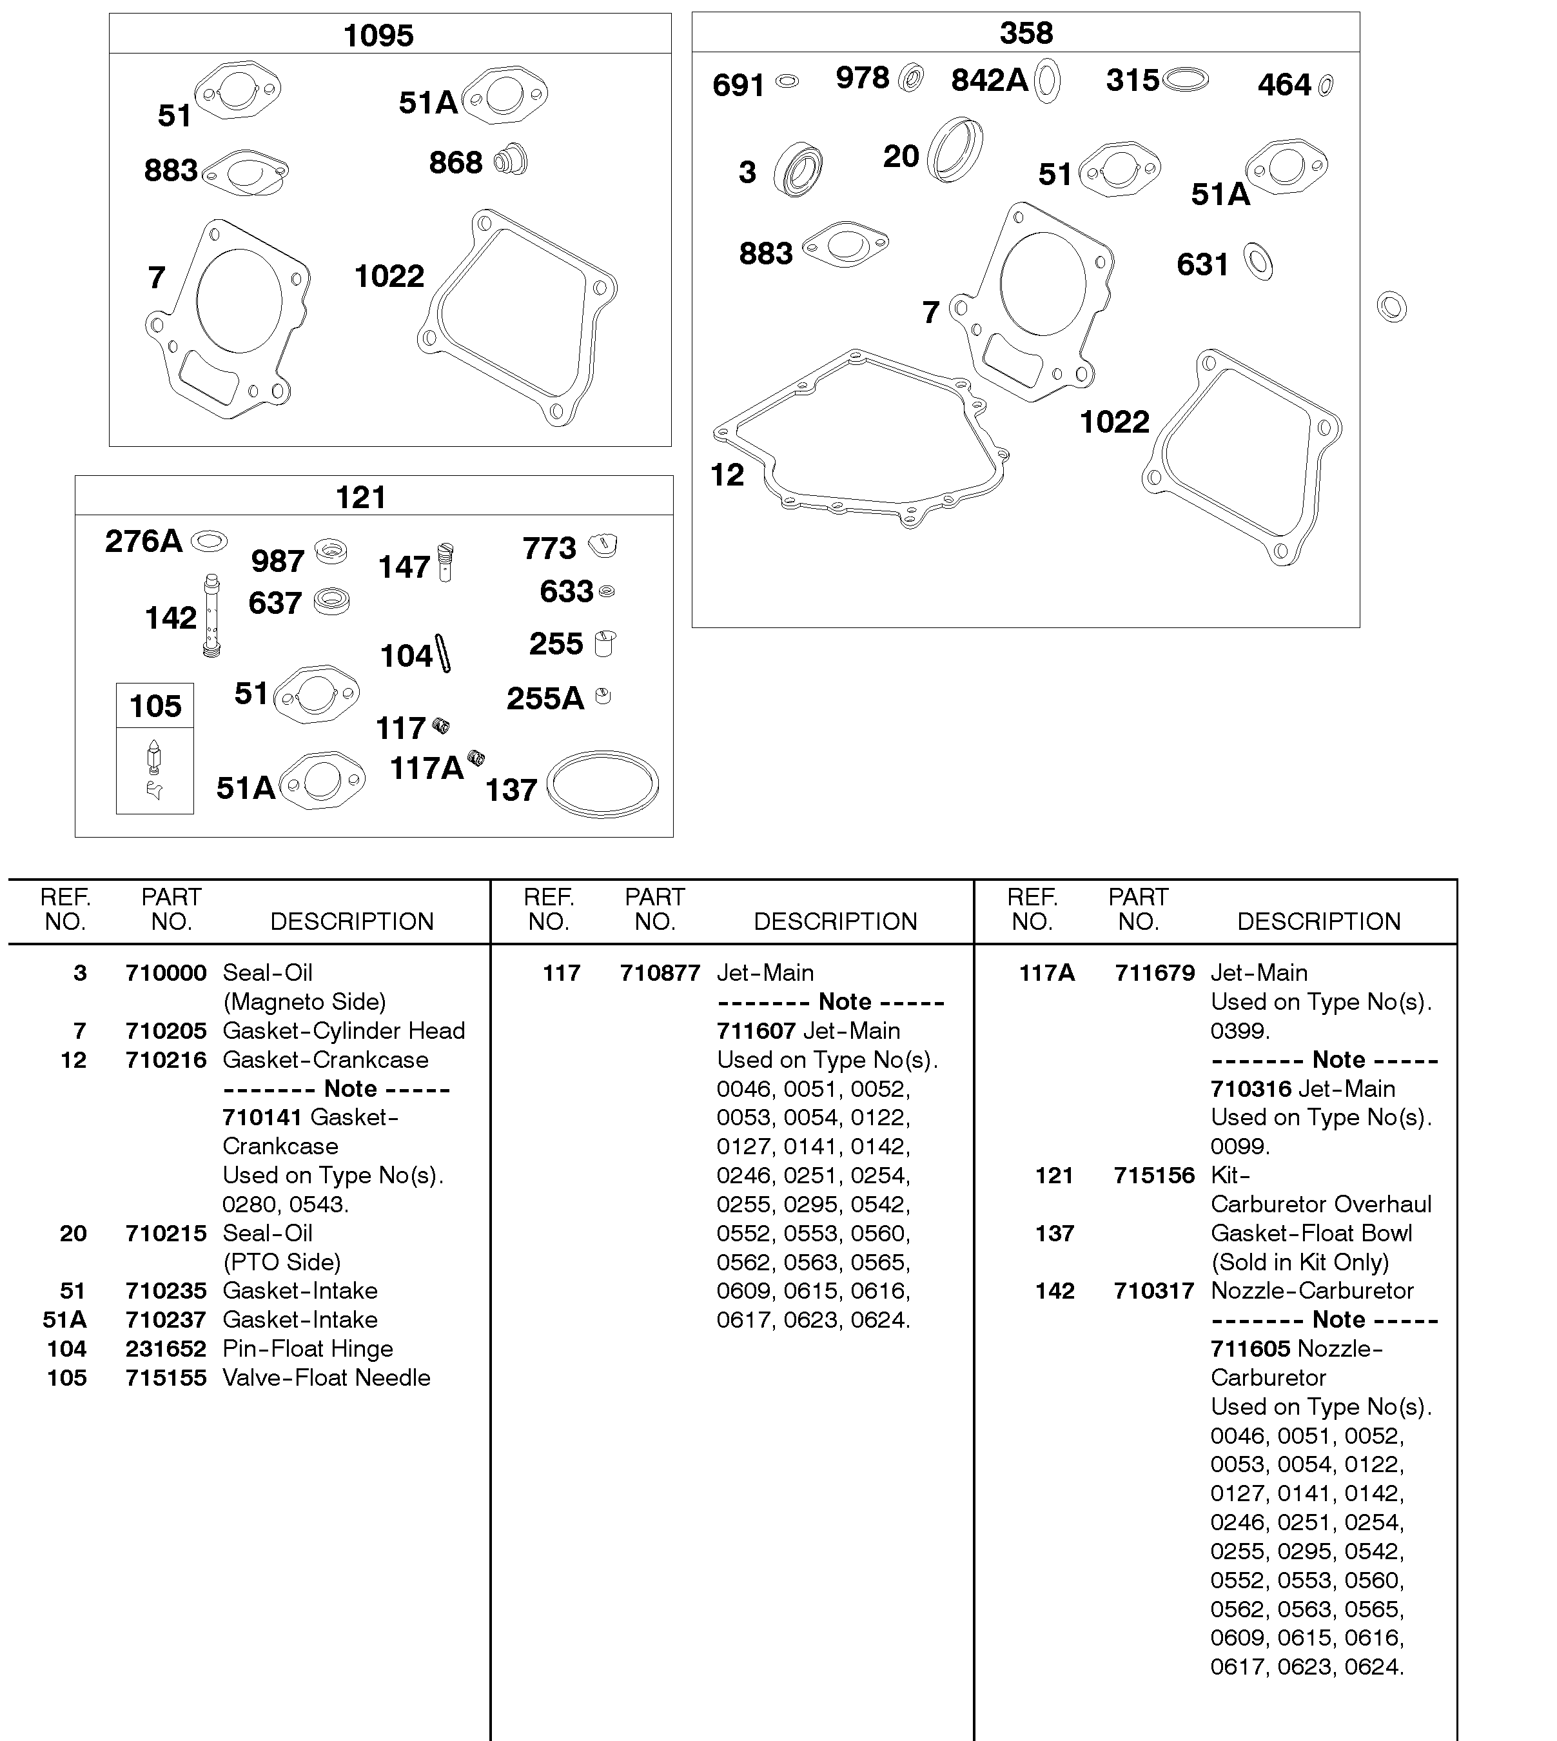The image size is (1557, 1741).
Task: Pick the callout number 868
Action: (455, 162)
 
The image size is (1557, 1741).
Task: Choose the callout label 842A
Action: (989, 81)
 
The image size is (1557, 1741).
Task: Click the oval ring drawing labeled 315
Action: (1186, 79)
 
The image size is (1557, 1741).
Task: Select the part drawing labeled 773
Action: (603, 544)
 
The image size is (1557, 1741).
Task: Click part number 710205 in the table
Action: (166, 1031)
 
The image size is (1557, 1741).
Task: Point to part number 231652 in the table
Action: (166, 1349)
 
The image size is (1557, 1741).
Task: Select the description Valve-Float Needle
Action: (326, 1378)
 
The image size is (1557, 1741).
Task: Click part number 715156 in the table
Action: (1154, 1175)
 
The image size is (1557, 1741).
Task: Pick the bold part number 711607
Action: (756, 1031)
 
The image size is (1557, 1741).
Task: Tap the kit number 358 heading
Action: (1026, 34)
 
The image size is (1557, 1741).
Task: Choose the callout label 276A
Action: (144, 542)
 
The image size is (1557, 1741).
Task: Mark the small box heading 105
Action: (155, 707)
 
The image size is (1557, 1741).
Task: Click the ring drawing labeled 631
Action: (1258, 262)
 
